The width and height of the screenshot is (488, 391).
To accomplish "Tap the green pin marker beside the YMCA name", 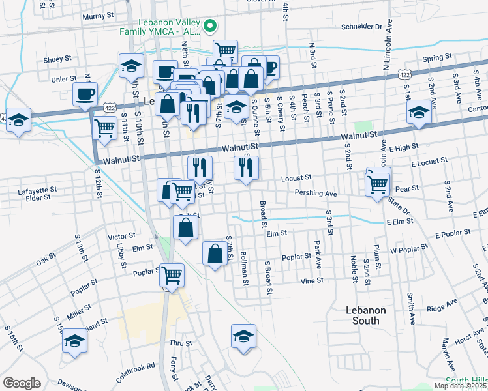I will pos(209,26).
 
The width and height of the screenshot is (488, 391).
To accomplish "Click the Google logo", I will pos(22,383).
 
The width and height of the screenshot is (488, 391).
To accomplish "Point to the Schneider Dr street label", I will pos(361,27).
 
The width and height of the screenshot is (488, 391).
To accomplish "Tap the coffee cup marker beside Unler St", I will pos(85,95).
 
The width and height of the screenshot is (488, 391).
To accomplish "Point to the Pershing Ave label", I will pos(315,194).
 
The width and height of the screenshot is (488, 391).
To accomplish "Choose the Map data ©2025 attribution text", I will pos(460,386).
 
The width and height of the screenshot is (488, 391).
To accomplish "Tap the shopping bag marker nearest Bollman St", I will pos(215,254).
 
